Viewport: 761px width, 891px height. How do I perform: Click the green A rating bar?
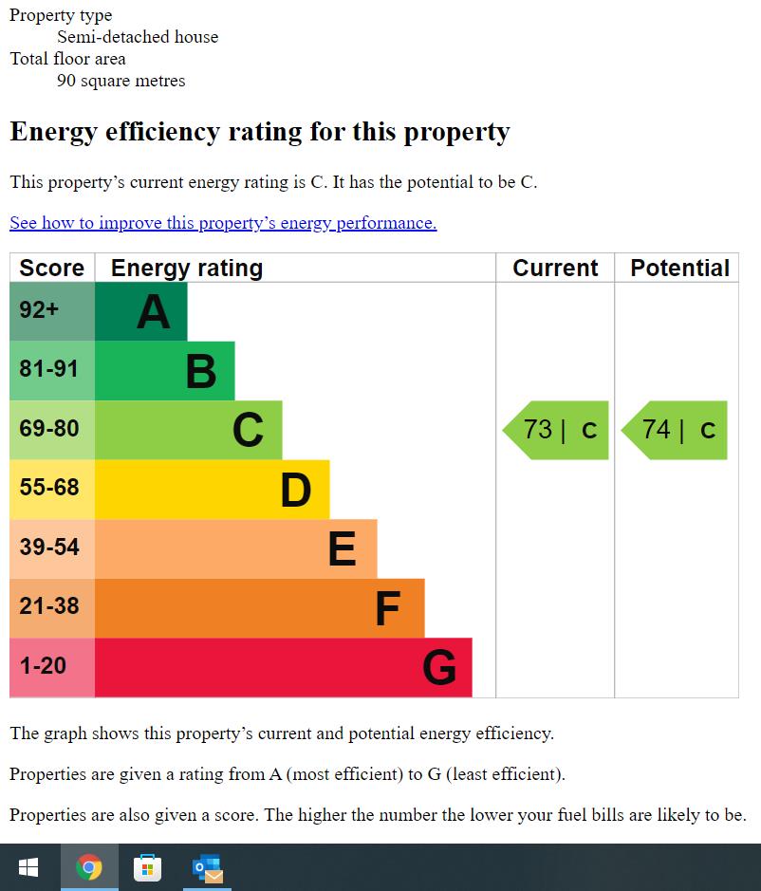141,311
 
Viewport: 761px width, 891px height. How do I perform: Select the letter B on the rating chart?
201,371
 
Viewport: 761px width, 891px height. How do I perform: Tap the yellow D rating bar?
212,490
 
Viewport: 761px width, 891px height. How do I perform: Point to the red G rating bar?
283,667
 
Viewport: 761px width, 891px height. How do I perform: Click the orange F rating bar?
259,608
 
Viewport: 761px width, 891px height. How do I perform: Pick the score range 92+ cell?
52,311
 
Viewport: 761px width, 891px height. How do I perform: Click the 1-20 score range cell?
52,667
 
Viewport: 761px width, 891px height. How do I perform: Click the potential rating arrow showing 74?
676,430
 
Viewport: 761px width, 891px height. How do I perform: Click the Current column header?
555,269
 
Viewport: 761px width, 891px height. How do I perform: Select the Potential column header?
679,269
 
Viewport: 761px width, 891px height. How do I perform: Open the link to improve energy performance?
223,223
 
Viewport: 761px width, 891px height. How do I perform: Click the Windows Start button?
28,867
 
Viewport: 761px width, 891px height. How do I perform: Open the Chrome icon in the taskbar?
89,867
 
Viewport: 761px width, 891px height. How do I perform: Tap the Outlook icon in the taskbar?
207,867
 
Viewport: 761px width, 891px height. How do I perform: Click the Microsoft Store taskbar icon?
148,867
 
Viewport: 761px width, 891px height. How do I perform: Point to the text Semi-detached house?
138,37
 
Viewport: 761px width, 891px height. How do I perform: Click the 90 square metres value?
121,81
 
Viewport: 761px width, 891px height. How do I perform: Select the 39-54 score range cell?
52,548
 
